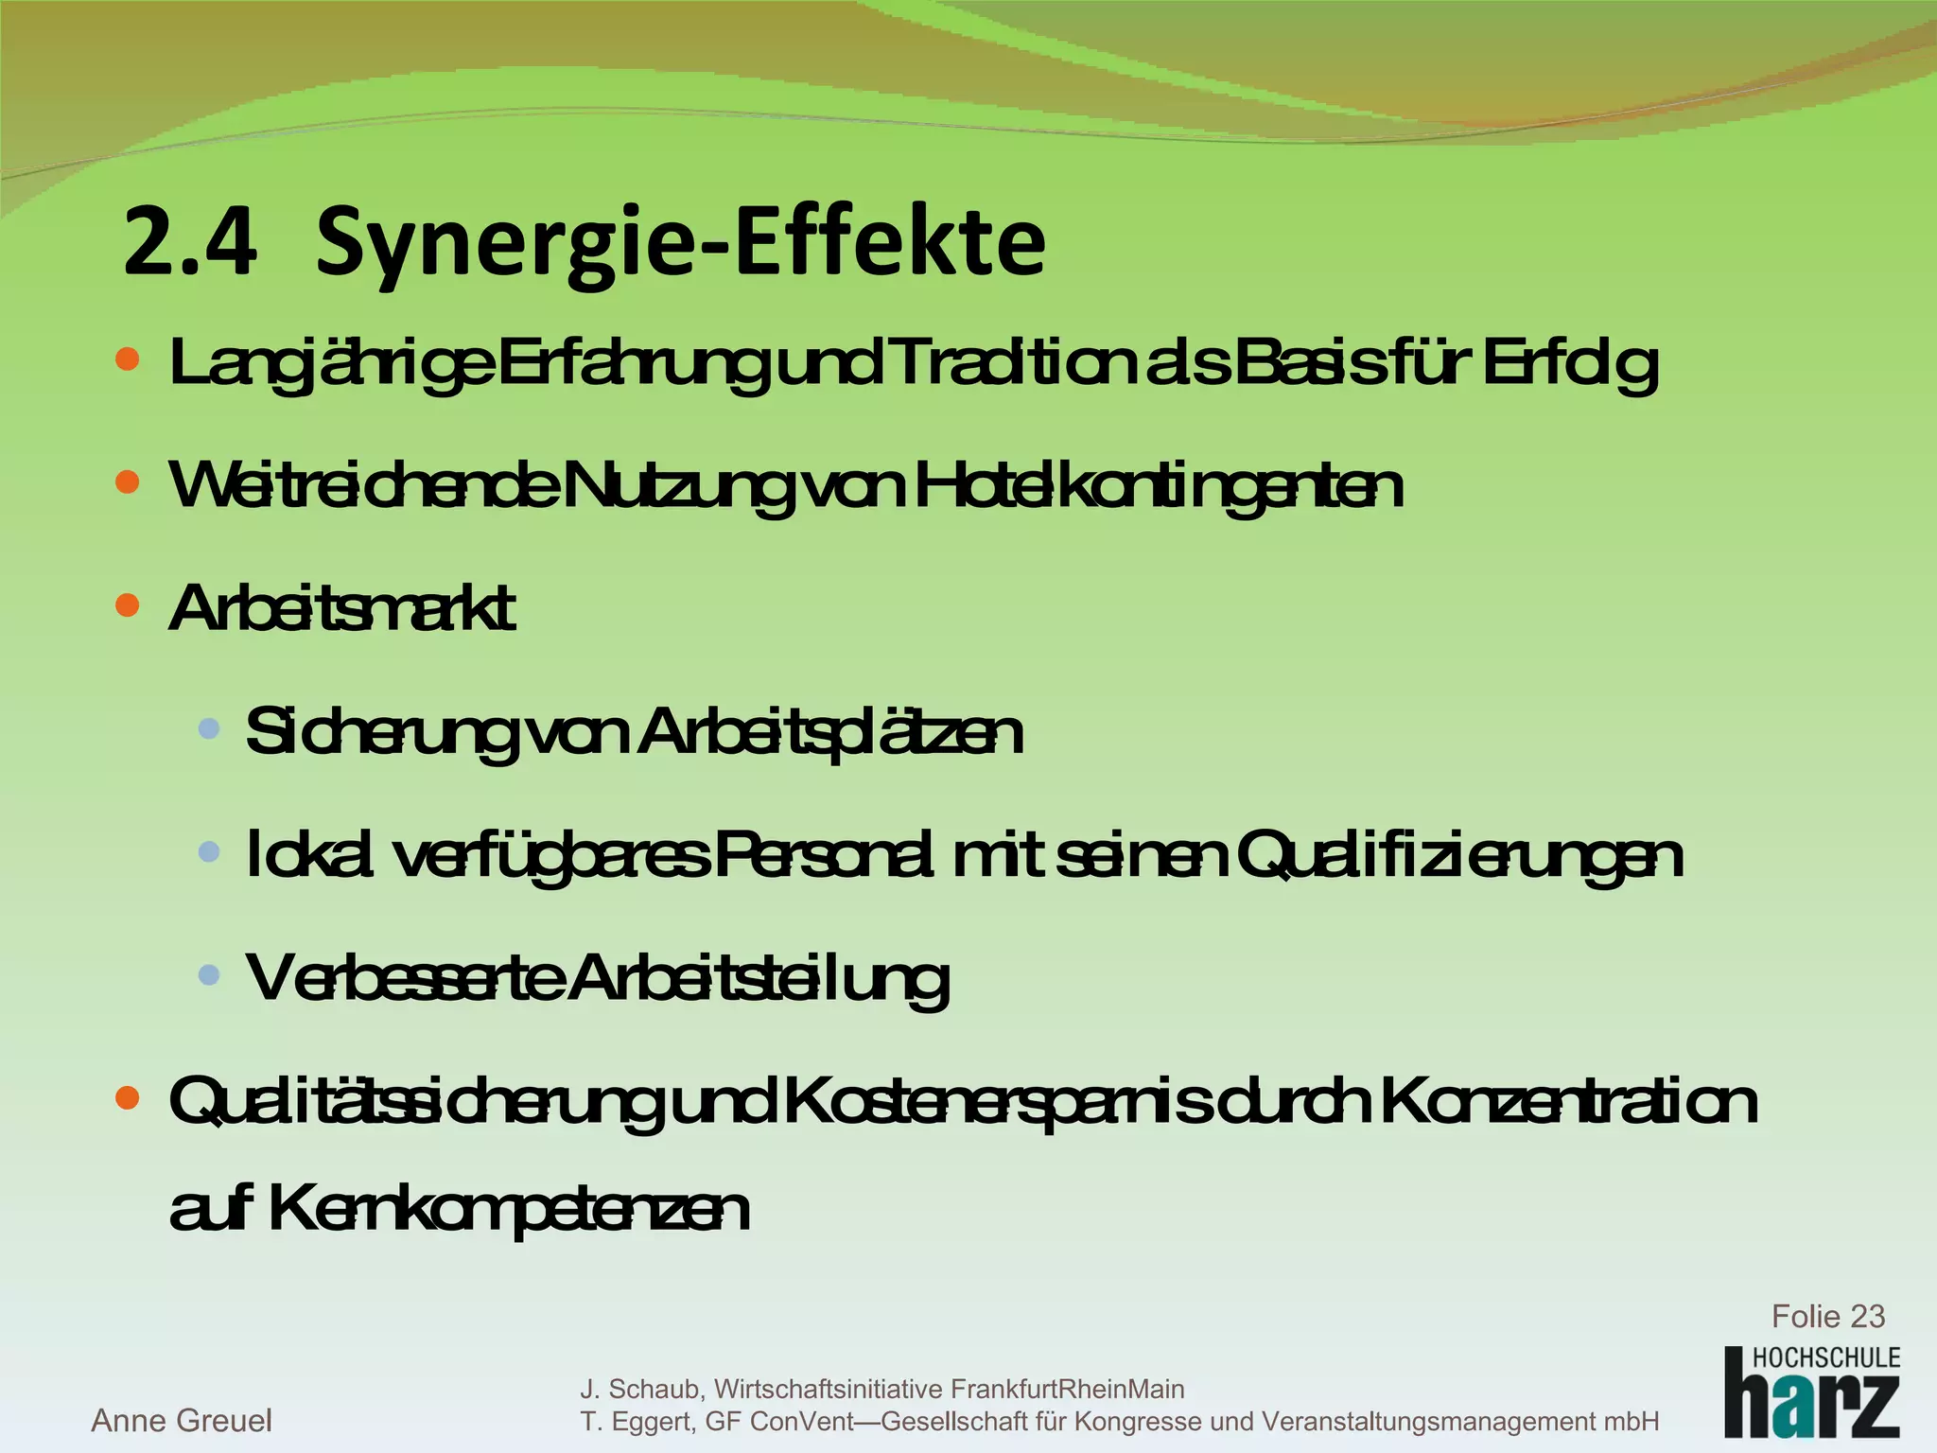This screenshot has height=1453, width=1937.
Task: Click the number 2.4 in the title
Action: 190,242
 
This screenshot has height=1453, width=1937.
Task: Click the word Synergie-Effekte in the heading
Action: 680,244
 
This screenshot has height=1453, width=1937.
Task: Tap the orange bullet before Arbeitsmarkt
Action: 127,604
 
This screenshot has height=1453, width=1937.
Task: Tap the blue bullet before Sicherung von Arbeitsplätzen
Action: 209,728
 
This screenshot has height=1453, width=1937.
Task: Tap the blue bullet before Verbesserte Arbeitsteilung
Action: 209,973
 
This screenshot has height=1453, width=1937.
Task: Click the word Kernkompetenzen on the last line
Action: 510,1209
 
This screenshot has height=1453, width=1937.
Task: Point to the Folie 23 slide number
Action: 1827,1316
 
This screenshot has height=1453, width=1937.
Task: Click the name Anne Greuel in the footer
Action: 182,1420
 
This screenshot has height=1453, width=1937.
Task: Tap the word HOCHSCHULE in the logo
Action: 1826,1357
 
